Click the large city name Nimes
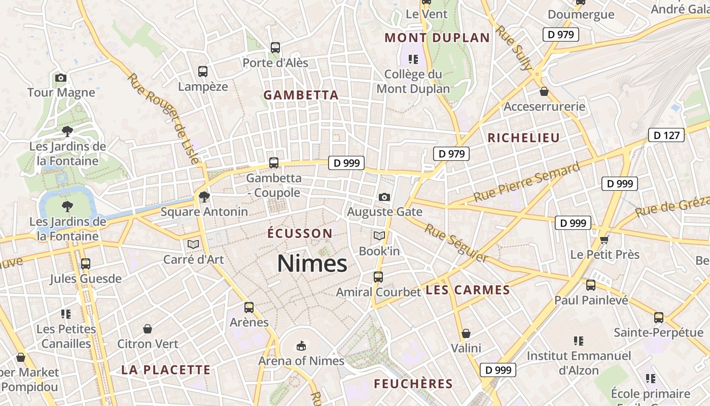click(x=312, y=264)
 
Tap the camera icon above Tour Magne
click(x=61, y=78)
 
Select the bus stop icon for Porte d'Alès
click(x=275, y=48)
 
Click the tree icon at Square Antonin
click(x=204, y=196)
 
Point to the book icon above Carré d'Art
click(x=193, y=244)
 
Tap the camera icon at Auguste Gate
click(x=384, y=197)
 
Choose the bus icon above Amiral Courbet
click(x=378, y=277)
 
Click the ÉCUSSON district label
click(x=300, y=233)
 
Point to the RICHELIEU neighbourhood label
click(x=523, y=138)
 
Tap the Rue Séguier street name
click(x=456, y=244)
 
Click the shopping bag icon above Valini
click(x=466, y=333)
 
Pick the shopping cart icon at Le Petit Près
click(x=604, y=239)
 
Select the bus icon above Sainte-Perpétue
click(x=658, y=318)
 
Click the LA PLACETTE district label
click(x=166, y=370)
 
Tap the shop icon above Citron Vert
click(x=148, y=329)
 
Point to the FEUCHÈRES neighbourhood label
click(x=413, y=384)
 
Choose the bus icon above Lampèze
click(x=203, y=72)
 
